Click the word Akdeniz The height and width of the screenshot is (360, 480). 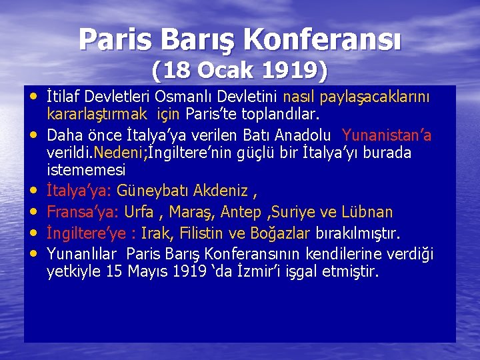(220, 191)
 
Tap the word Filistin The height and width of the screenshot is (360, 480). (205, 234)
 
